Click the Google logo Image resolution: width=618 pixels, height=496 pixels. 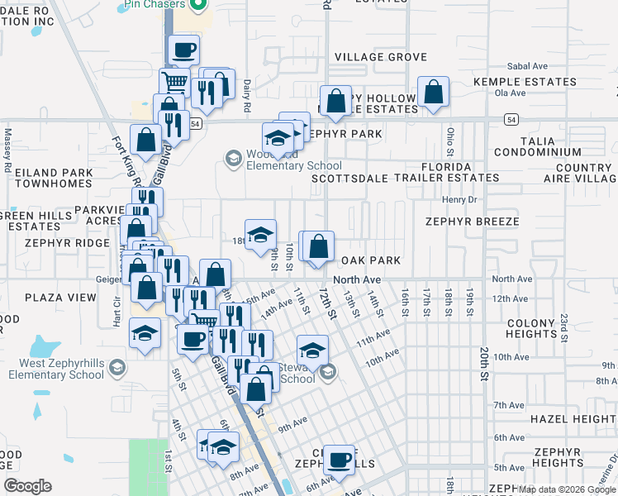coord(27,486)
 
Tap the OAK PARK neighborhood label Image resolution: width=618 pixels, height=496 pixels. coord(371,260)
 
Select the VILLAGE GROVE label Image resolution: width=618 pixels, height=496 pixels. coord(381,57)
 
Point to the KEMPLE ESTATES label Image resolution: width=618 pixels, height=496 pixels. coord(525,82)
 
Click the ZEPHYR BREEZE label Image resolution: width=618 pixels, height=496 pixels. coord(472,222)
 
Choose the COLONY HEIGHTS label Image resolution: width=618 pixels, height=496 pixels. coord(534,328)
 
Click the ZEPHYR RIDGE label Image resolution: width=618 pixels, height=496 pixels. coord(67,243)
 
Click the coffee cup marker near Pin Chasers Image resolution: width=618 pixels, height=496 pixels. coord(183,50)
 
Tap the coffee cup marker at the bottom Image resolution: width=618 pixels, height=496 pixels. coord(337,460)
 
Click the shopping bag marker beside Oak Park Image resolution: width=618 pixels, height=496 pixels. coord(318,246)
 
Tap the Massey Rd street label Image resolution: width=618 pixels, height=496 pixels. coord(7,142)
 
